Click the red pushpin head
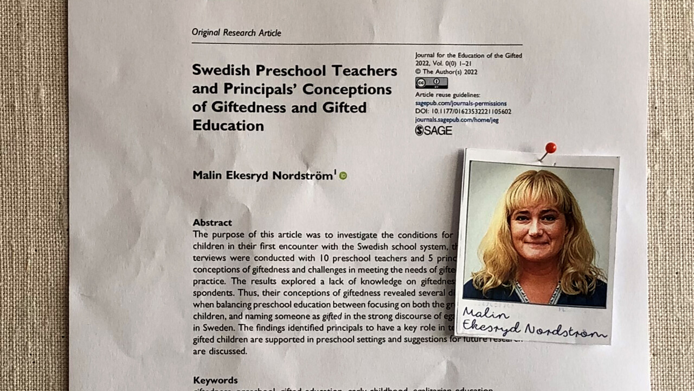551,147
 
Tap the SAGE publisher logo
433,130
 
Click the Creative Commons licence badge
431,83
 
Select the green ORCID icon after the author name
343,175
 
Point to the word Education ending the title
228,125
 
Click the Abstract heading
212,223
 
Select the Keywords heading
215,380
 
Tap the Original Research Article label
236,33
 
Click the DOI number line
463,111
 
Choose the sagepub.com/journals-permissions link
461,103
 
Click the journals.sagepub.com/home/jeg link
457,120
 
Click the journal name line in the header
468,55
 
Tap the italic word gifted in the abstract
331,316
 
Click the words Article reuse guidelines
447,95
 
